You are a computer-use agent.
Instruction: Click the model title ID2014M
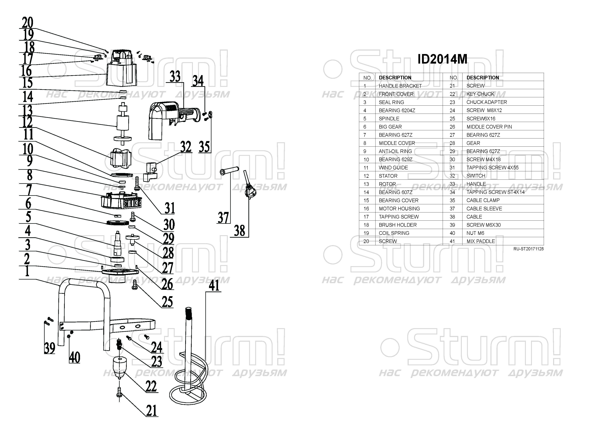coord(442,59)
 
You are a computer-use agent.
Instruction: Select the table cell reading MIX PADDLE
coord(481,241)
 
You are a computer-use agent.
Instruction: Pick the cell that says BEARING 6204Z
coord(397,110)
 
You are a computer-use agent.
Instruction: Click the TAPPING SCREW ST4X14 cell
coord(495,192)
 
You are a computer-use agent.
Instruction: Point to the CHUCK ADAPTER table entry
coord(486,102)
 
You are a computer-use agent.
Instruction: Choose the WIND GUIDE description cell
coord(393,168)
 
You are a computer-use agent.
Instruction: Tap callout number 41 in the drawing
coord(214,286)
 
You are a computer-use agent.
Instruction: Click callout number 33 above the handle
coord(175,77)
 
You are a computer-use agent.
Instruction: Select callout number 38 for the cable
coord(240,231)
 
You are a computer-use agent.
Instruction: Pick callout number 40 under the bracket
coord(74,358)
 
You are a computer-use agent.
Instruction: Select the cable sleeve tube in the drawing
coord(229,170)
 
